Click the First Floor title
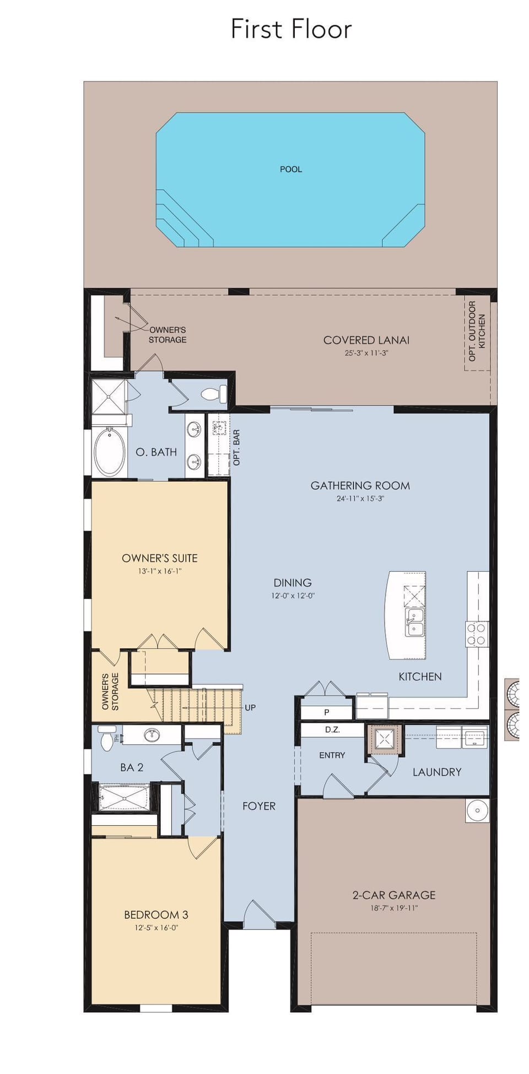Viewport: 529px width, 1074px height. pyautogui.click(x=291, y=29)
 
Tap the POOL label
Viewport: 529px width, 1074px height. pyautogui.click(x=291, y=169)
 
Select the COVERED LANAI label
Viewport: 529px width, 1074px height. pyautogui.click(x=366, y=340)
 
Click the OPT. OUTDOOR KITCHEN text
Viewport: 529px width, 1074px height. pyautogui.click(x=477, y=331)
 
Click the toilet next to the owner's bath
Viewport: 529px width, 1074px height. pyautogui.click(x=214, y=394)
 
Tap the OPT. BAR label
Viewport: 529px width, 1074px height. pyautogui.click(x=236, y=448)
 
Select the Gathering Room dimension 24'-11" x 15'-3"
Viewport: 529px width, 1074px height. pyautogui.click(x=360, y=498)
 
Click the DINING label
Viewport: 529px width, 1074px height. pyautogui.click(x=293, y=583)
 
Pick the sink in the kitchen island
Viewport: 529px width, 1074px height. pyautogui.click(x=414, y=622)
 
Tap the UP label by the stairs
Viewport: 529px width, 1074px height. pyautogui.click(x=250, y=708)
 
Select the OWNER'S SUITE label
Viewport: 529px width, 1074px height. pyautogui.click(x=160, y=558)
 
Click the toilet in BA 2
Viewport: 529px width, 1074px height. pyautogui.click(x=107, y=738)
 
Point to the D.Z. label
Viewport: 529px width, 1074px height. pyautogui.click(x=332, y=730)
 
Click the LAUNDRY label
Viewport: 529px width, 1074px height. pyautogui.click(x=437, y=772)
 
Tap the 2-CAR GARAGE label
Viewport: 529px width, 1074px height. pyautogui.click(x=394, y=895)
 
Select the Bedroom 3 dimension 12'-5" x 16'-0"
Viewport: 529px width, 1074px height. pyautogui.click(x=156, y=927)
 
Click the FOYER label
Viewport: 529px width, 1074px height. pyautogui.click(x=259, y=806)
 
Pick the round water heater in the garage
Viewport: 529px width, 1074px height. pyautogui.click(x=477, y=810)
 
